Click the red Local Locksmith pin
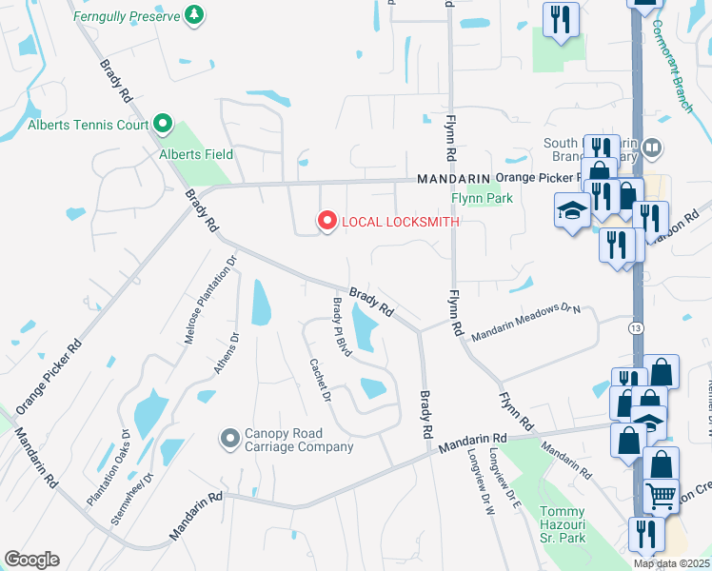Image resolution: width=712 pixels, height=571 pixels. (327, 222)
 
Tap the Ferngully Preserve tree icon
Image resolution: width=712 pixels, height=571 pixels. (194, 14)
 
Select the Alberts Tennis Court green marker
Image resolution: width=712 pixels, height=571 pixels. (162, 124)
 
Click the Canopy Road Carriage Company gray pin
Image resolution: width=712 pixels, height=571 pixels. (229, 438)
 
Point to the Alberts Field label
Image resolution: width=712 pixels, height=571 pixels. (195, 154)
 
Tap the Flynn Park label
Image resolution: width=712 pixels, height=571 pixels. (482, 199)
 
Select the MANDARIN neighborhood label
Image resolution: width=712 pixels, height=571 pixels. (452, 179)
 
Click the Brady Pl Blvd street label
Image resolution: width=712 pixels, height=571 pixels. (342, 327)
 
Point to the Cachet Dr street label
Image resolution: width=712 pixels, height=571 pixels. (320, 380)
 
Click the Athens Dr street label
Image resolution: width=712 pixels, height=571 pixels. (225, 352)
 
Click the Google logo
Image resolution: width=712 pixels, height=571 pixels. (31, 560)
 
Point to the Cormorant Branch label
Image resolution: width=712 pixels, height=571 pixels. (672, 66)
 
